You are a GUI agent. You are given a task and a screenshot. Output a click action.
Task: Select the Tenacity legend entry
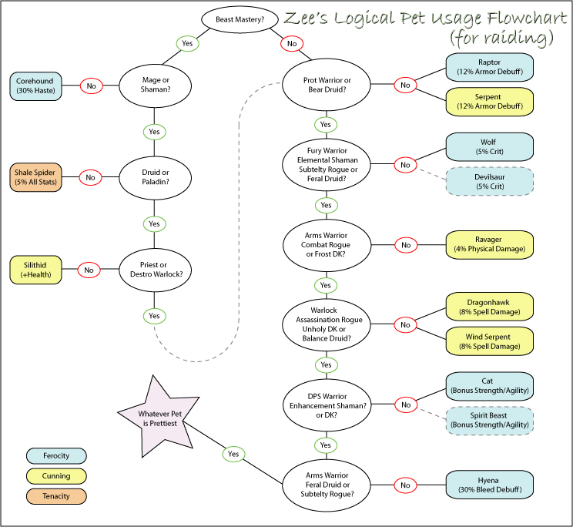(56, 496)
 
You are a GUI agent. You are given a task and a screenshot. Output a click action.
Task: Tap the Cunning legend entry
(56, 476)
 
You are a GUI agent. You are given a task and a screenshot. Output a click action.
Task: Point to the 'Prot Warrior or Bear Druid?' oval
(325, 86)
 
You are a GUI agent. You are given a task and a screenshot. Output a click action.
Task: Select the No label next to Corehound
(91, 86)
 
